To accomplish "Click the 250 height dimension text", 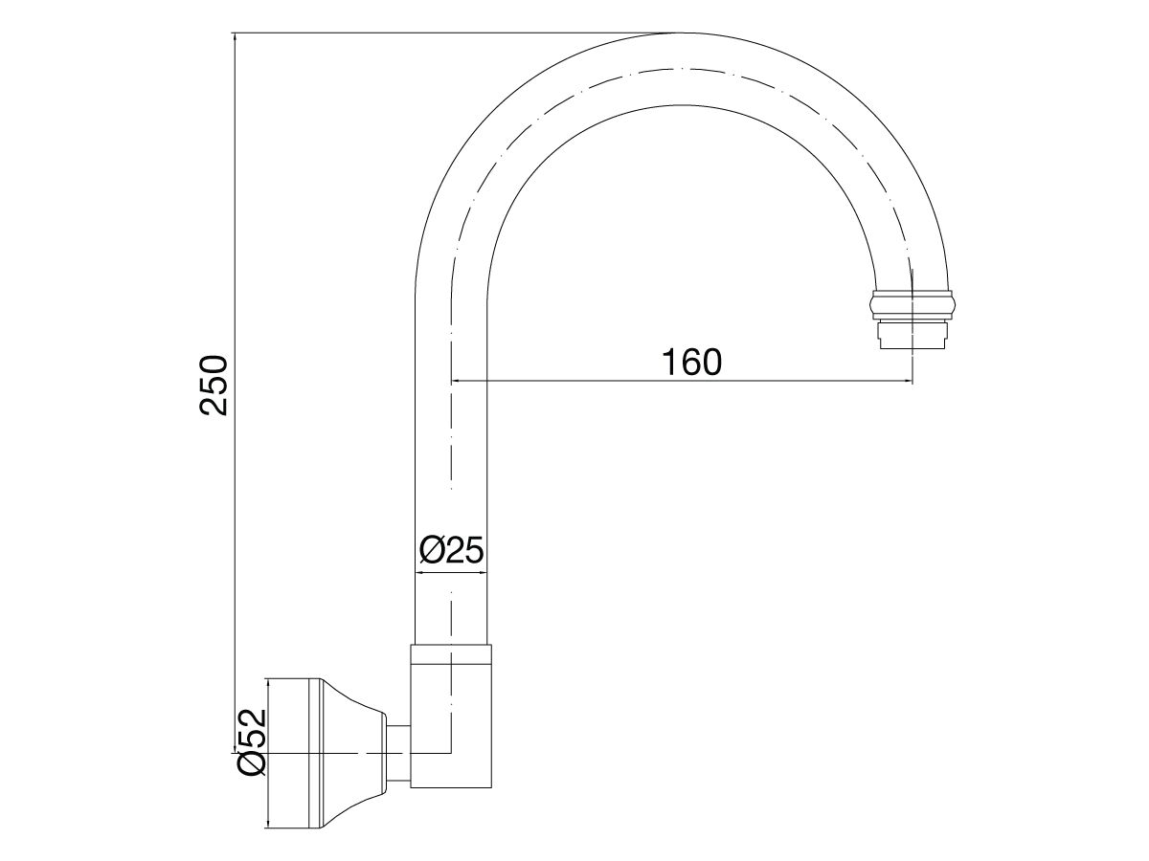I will [x=213, y=384].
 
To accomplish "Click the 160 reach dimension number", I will [x=690, y=363].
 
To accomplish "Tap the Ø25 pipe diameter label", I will [x=451, y=551].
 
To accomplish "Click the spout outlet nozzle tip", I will [x=912, y=336].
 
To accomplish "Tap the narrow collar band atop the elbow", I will [x=451, y=654].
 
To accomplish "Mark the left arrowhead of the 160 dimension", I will [x=455, y=382].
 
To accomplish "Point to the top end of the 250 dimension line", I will [x=234, y=34].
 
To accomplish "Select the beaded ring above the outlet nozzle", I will [x=912, y=304].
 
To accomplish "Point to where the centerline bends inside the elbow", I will [x=450, y=753].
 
